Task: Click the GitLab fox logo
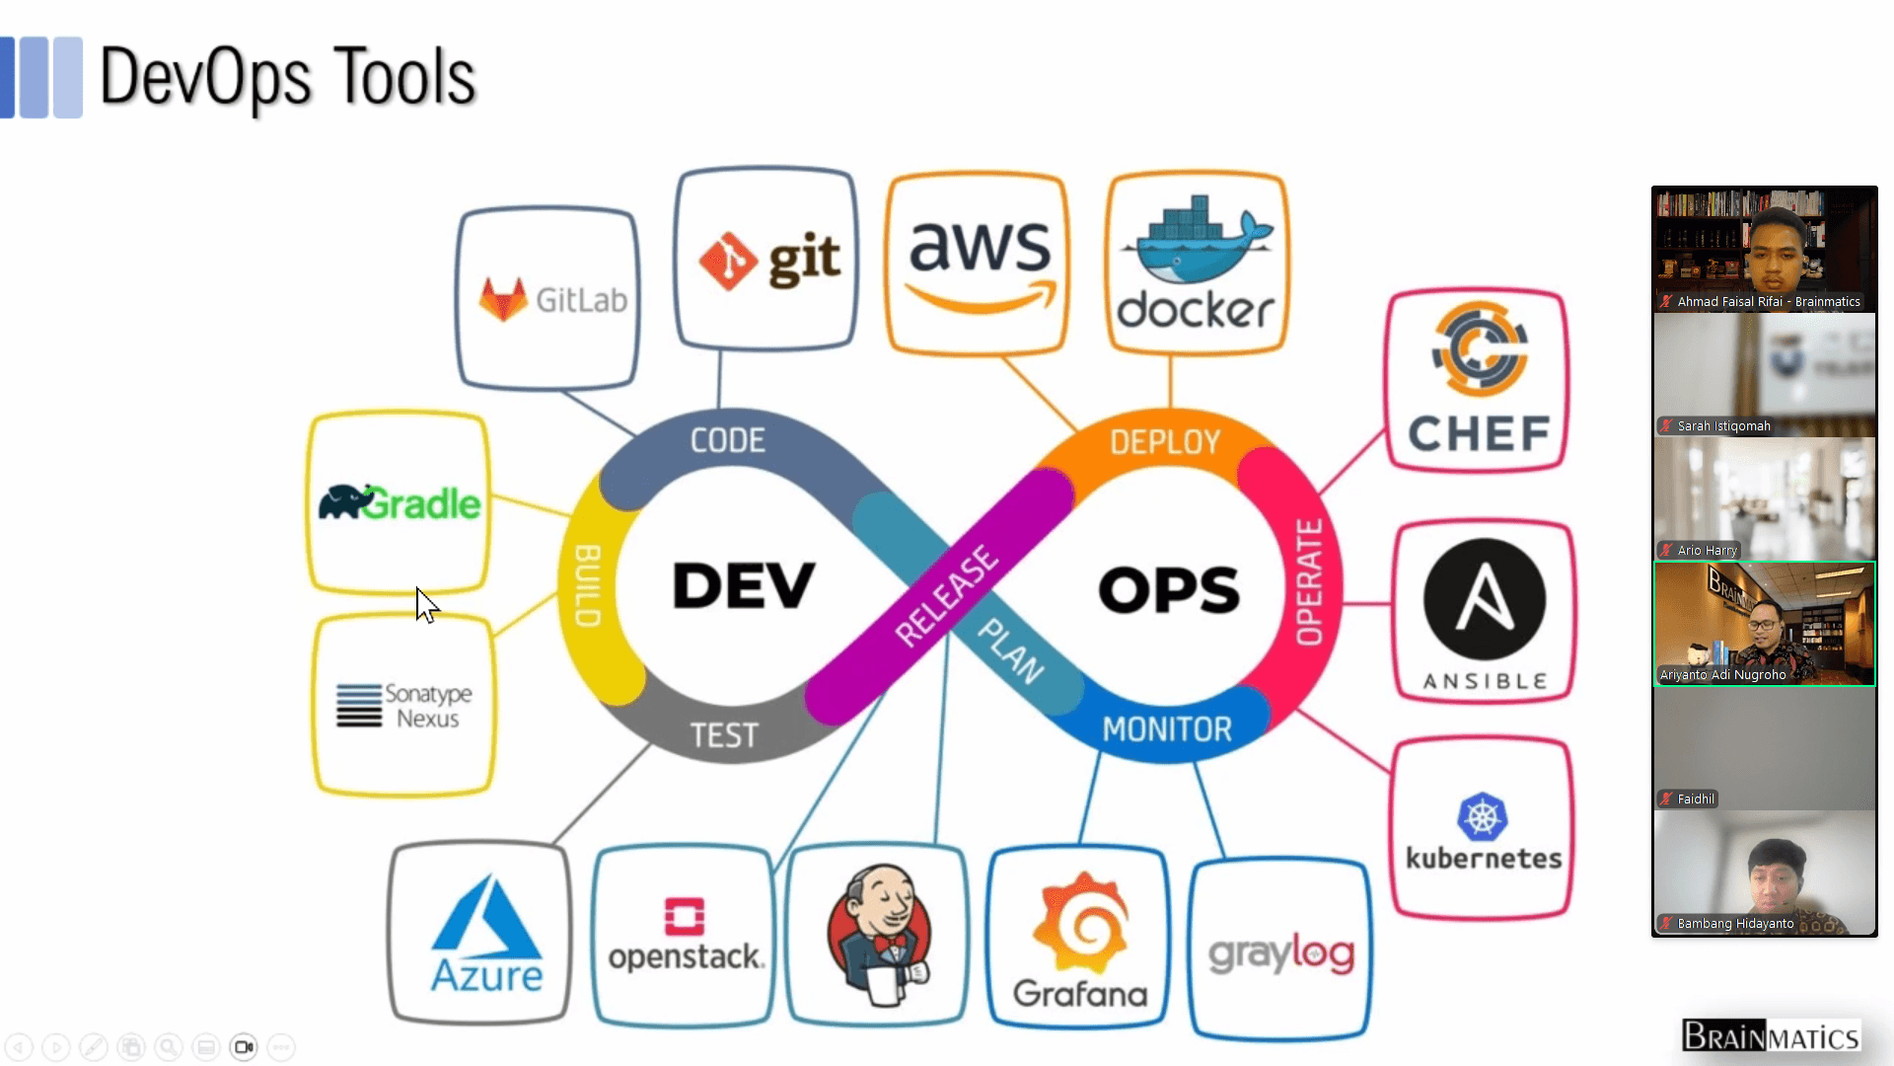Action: click(503, 299)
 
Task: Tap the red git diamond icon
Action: click(728, 261)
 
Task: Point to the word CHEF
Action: click(1479, 433)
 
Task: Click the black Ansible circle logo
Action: click(1484, 599)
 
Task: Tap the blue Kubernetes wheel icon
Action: click(1482, 817)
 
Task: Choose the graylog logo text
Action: click(1280, 953)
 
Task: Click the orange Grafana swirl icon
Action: click(1081, 923)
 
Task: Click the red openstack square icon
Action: click(685, 916)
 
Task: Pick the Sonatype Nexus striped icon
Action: click(359, 706)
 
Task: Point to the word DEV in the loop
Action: click(744, 585)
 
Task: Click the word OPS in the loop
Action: click(1168, 589)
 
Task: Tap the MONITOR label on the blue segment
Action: click(1167, 729)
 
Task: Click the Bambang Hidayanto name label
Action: click(1735, 924)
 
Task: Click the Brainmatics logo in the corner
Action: click(1771, 1036)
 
